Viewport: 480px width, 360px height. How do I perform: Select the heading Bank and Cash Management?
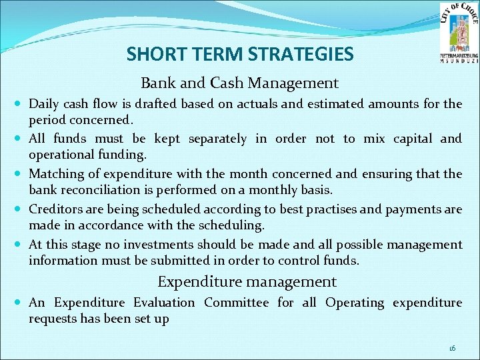(x=239, y=83)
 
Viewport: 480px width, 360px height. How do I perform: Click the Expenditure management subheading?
(x=247, y=282)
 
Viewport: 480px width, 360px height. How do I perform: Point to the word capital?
(x=397, y=139)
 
